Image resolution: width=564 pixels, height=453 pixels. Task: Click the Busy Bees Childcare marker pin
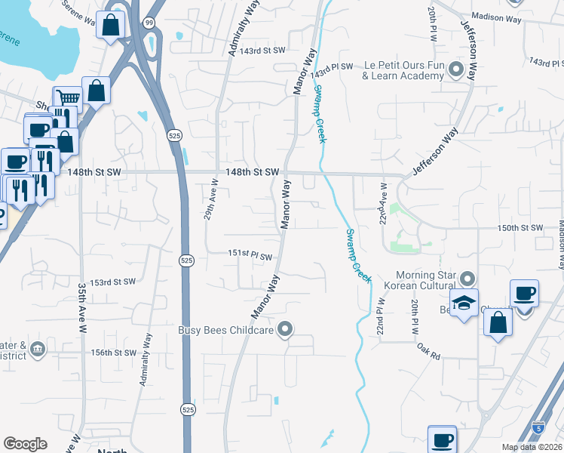tap(285, 329)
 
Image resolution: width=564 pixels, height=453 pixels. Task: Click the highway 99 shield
tap(150, 23)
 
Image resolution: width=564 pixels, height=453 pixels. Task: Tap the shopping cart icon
tap(67, 97)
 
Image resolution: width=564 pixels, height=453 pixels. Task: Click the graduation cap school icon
tap(464, 302)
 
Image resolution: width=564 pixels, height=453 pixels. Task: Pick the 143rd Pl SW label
tap(335, 67)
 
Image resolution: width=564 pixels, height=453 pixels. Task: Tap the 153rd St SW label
tap(112, 282)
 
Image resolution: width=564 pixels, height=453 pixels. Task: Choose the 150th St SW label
tap(520, 227)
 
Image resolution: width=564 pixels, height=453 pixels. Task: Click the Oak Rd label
tap(428, 350)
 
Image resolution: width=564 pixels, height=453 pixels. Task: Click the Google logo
tap(25, 444)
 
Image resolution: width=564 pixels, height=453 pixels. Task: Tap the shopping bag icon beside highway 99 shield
tap(111, 25)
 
